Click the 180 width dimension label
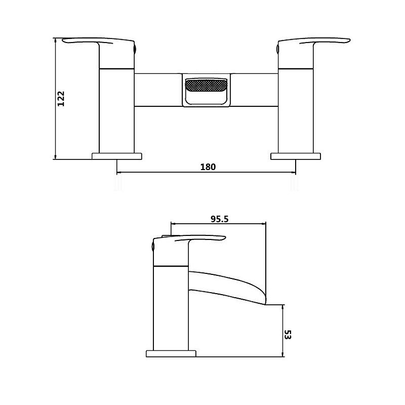(x=208, y=167)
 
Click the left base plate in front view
(x=117, y=155)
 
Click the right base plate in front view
(x=296, y=155)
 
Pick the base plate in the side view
(x=171, y=353)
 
